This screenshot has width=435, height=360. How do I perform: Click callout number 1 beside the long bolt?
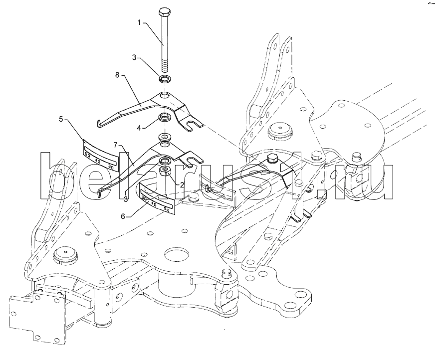tap(140, 23)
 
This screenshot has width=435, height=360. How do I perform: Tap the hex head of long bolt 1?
tap(164, 12)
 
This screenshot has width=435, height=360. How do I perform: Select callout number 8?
tap(117, 75)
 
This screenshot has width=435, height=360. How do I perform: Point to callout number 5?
tap(61, 119)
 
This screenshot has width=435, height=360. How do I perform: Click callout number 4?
tap(139, 128)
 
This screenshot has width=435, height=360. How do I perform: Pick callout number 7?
tap(115, 145)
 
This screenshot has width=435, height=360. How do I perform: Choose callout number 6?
tap(123, 216)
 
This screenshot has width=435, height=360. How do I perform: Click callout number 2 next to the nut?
tap(182, 184)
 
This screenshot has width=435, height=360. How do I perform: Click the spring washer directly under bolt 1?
tap(165, 78)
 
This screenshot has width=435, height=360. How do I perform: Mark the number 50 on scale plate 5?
tap(87, 155)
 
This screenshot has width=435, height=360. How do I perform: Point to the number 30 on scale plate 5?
tap(111, 167)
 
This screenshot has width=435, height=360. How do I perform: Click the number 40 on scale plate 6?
tap(154, 204)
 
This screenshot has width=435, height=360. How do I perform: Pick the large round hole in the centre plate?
tap(177, 254)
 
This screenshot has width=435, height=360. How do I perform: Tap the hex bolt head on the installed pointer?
tap(271, 159)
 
